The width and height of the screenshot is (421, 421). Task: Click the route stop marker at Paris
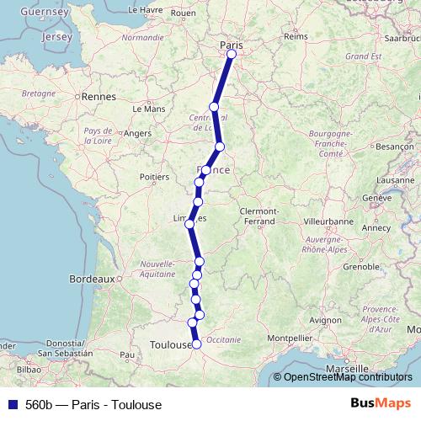(232, 55)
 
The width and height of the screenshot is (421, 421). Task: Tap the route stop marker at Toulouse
(197, 344)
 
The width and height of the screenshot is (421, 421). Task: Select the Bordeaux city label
(91, 278)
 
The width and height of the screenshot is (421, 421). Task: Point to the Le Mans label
(149, 109)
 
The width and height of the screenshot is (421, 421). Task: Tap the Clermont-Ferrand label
(264, 216)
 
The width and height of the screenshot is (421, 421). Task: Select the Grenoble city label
(360, 267)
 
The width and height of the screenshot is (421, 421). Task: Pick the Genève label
(378, 197)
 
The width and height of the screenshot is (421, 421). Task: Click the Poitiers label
(154, 177)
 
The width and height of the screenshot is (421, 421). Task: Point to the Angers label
(136, 133)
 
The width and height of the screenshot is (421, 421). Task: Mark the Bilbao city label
(28, 369)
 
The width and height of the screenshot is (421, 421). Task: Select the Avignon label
(325, 320)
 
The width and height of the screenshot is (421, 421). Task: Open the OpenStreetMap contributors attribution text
(348, 377)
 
